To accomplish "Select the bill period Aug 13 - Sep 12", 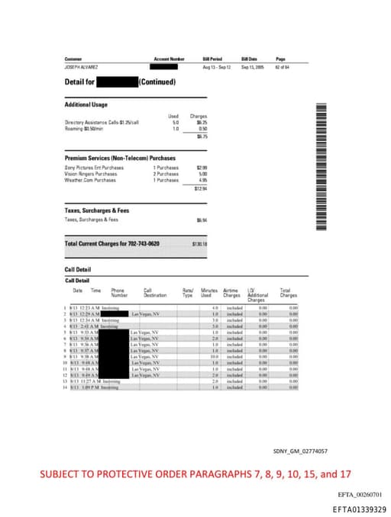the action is [216, 67].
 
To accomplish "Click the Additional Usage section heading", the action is [86, 104].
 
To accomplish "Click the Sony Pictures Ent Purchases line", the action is [94, 167].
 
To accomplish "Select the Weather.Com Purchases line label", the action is [90, 180].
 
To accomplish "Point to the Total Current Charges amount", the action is [201, 243].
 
